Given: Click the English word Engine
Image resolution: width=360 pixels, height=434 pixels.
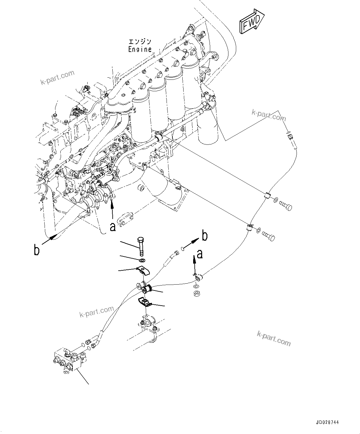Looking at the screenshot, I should click(x=140, y=49).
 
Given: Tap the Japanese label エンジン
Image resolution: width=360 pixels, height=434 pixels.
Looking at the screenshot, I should click(x=140, y=42).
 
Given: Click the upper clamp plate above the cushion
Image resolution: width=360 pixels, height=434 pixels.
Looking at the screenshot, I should click(x=143, y=271).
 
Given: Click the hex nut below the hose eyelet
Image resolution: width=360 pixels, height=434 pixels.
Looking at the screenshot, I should click(x=196, y=293).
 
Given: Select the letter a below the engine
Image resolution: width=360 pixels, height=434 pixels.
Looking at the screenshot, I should click(x=113, y=227).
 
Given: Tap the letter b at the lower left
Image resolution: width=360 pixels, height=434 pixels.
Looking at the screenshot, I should click(x=37, y=250).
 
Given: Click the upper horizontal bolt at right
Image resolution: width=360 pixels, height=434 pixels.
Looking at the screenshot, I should click(x=285, y=205).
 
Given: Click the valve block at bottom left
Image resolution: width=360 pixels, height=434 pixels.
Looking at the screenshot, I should click(x=70, y=359).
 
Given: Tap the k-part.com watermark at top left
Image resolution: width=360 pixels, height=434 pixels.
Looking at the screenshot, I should click(x=58, y=77).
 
